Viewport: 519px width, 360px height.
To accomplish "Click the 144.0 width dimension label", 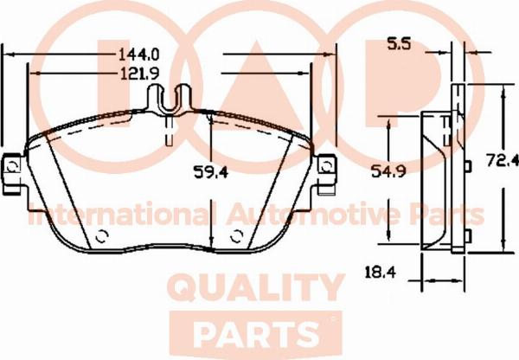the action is click(139, 55).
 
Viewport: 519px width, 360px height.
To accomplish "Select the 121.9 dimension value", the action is click(139, 74).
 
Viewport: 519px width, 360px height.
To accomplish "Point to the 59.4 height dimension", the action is click(210, 172).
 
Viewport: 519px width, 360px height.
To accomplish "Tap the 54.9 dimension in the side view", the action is click(388, 170).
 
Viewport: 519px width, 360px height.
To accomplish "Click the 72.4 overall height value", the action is click(502, 160).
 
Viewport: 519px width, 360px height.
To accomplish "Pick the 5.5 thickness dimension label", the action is click(399, 44).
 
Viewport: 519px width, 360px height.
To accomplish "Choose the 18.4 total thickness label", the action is click(381, 273).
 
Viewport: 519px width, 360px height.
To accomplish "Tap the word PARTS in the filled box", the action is click(256, 332).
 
